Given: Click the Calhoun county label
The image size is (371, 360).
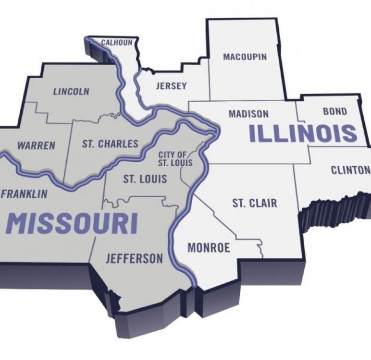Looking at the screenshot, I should click(116, 43).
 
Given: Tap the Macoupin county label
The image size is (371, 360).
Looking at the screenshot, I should click(245, 57).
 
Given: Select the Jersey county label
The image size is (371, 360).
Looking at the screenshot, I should click(171, 86).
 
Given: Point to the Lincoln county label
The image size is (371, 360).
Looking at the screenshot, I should click(71, 91).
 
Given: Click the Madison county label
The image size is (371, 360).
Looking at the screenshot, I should click(248, 114).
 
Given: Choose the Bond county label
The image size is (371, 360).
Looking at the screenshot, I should click(334, 111).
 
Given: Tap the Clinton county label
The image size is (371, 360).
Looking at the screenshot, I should click(350, 170).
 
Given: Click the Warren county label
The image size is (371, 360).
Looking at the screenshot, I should click(36, 145).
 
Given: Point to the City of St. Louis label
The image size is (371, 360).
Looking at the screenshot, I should click(175, 159).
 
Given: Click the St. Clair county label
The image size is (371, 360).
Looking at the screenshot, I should click(255, 203).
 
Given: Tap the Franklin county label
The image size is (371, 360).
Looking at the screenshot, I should click(25, 194).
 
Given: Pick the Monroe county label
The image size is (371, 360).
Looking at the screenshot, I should click(209, 248).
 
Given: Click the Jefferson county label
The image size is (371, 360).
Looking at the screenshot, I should click(134, 259).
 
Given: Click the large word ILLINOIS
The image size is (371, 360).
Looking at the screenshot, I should click(303, 133).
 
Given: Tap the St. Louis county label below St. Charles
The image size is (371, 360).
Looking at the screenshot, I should click(145, 180).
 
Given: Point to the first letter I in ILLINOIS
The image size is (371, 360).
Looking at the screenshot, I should click(253, 133).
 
